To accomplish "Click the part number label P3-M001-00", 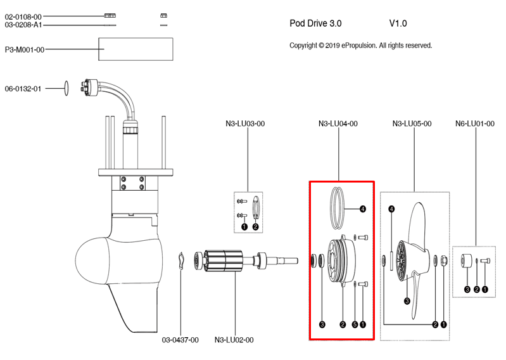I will point(25,49).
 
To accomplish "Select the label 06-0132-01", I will point(23,89).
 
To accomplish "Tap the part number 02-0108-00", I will point(23,16).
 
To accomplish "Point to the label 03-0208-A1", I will point(23,25).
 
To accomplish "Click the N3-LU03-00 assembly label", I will point(245,124).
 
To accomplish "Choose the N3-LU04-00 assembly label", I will point(338,124).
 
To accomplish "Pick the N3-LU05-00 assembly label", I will point(412,124).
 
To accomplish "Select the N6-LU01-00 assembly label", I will point(475,124).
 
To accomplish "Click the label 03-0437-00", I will point(180,340).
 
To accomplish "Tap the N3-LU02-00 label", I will point(234,340).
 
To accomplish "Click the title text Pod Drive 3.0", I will point(315,23).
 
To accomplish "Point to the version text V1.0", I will point(398,23).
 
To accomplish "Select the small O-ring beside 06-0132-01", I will point(65,86).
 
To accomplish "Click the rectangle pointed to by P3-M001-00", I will point(136,49).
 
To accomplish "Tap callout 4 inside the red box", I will point(363,209).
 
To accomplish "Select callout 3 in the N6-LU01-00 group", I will point(467,289).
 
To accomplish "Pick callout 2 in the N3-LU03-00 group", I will point(255,226).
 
